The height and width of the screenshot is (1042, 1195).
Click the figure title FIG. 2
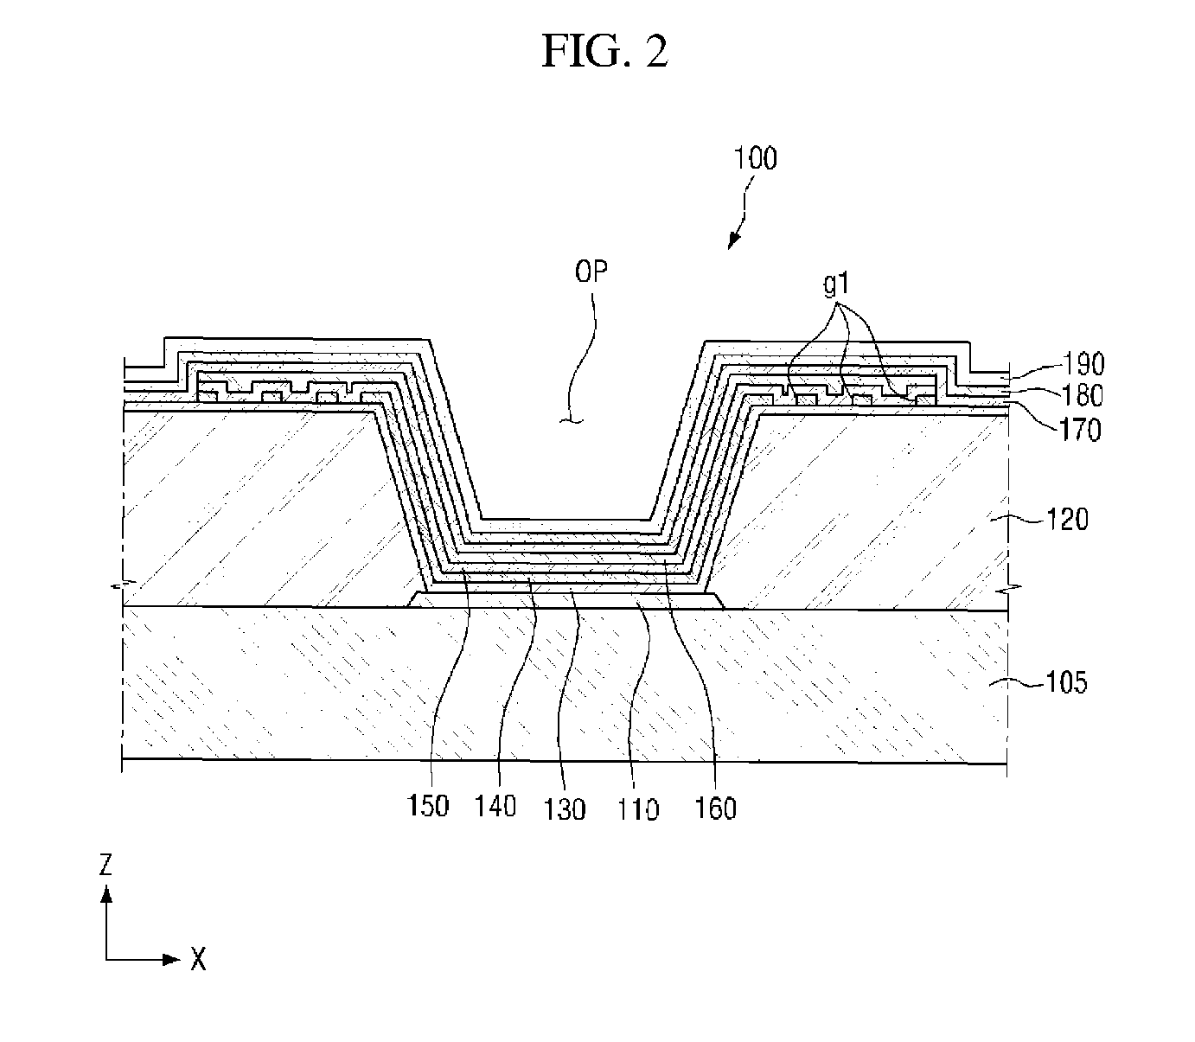(x=604, y=51)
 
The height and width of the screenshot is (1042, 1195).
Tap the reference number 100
(x=755, y=158)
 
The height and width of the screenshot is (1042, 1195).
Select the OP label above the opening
(x=591, y=271)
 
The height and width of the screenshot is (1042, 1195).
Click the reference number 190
(x=1083, y=364)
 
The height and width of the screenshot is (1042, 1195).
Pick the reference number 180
(x=1082, y=395)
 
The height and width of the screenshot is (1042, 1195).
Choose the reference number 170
(x=1080, y=430)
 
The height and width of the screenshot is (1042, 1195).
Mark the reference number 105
(x=1066, y=682)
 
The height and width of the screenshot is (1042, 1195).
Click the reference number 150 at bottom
(x=428, y=806)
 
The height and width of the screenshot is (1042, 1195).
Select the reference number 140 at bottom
(x=495, y=806)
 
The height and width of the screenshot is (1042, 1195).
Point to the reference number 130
(x=564, y=809)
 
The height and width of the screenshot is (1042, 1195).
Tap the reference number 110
(x=638, y=809)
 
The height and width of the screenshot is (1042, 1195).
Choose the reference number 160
(x=715, y=809)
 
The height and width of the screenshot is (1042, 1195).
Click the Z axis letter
(x=105, y=865)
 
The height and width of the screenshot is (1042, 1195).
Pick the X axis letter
(x=199, y=960)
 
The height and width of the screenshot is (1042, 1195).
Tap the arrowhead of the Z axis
(x=106, y=894)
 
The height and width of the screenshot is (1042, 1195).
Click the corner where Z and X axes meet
(x=106, y=960)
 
